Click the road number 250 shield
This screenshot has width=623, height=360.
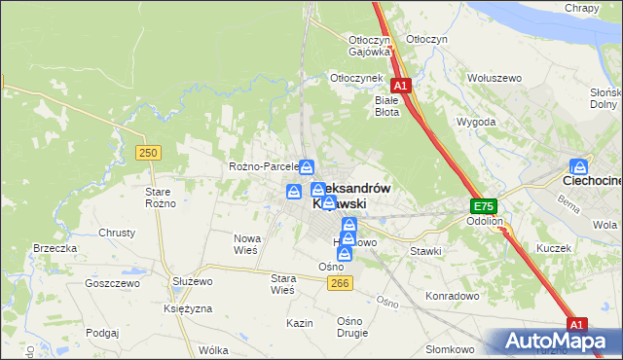pos(148,153)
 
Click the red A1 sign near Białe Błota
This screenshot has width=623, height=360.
pos(399,85)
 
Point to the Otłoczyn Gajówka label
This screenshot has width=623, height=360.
pos(369,46)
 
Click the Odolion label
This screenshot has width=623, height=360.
pos(484,222)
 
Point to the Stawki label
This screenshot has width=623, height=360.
pos(425,251)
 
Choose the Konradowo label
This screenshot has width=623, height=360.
pos(449,295)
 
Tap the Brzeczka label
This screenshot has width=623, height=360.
pos(55,248)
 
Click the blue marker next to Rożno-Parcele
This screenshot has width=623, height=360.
pos(307,166)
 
